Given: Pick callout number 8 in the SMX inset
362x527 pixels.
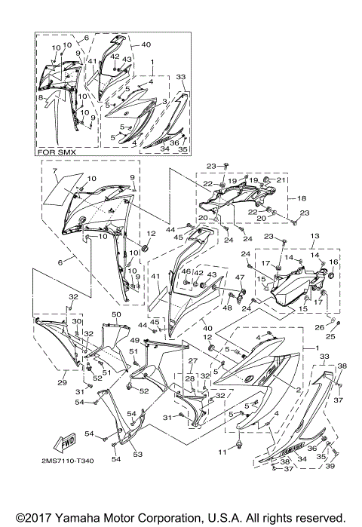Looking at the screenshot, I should tap(42, 97).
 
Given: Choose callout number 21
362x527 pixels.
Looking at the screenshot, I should tap(278, 180).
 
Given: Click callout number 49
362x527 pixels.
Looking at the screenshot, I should tap(133, 340).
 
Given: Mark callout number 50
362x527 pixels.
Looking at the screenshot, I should tap(116, 314).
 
